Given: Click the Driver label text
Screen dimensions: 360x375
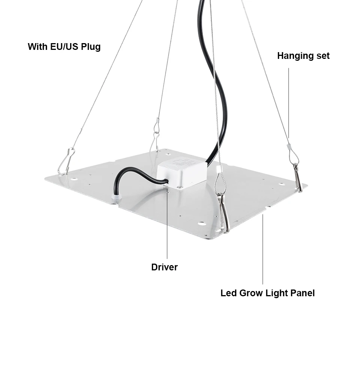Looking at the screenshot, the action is (164, 267).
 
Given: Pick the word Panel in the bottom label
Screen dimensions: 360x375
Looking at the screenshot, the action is (303, 293).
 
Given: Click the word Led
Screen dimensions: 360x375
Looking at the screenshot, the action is (228, 293).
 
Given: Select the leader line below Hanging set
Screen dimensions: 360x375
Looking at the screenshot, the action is (289, 101).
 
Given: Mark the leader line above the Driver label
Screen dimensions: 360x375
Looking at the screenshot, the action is (167, 225).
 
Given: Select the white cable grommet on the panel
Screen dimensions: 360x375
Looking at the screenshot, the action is (117, 199).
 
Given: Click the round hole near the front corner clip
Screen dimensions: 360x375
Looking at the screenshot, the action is (202, 223).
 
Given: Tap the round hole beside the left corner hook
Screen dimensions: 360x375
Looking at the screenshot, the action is (74, 179).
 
